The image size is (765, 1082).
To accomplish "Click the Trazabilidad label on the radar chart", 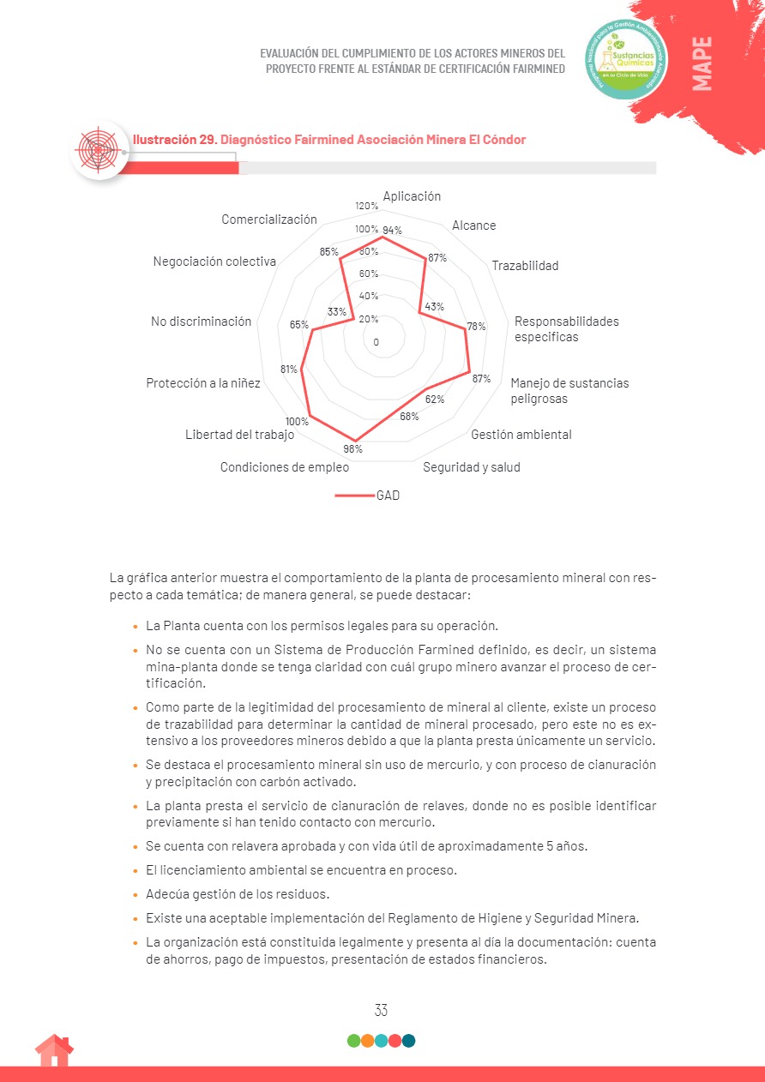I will pos(525,266).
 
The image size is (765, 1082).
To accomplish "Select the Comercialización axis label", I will pos(269,219).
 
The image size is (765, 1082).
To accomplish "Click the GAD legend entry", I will pos(388,496).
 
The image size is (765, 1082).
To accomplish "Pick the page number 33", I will pos(382,1011).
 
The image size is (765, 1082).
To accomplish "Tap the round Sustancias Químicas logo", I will pos(625,58).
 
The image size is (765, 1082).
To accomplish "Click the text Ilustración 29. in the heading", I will pos(174,140).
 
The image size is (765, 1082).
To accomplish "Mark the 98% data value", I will pos(352,448).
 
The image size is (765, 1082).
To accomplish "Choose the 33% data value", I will pos(337,312).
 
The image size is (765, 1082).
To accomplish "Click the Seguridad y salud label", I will pos(471,467).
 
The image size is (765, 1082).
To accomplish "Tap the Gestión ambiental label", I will pos(521,435).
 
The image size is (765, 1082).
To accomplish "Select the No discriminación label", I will pos(202,322).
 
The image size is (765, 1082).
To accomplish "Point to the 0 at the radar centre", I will pos(376,342).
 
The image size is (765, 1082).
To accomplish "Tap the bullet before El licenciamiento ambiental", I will pos(136,871).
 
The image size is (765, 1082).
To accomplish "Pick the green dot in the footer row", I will pos(353,1041).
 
